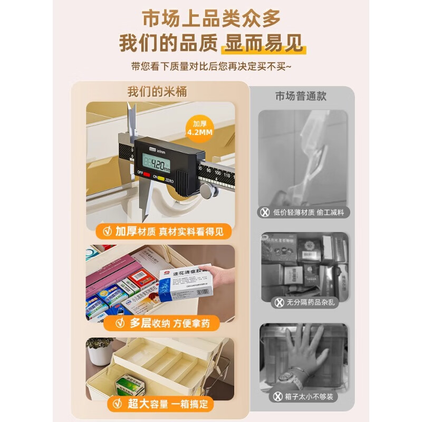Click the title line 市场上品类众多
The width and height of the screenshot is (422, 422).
tap(211, 19)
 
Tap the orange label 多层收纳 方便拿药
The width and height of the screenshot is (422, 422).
tap(161, 323)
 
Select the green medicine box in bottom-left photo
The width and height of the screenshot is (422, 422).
tap(129, 386)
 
